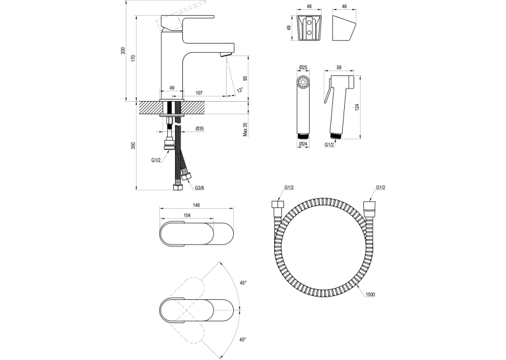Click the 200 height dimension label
pyautogui.click(x=123, y=50)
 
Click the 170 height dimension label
pyautogui.click(x=133, y=58)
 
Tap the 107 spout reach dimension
pyautogui.click(x=199, y=93)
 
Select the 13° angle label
pyautogui.click(x=239, y=90)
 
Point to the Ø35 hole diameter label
pyautogui.click(x=199, y=128)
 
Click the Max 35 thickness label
pyautogui.click(x=245, y=129)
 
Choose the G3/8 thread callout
pyautogui.click(x=199, y=188)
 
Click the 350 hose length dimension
pyautogui.click(x=133, y=145)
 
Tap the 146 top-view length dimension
pyautogui.click(x=196, y=205)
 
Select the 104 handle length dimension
pyautogui.click(x=187, y=215)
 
